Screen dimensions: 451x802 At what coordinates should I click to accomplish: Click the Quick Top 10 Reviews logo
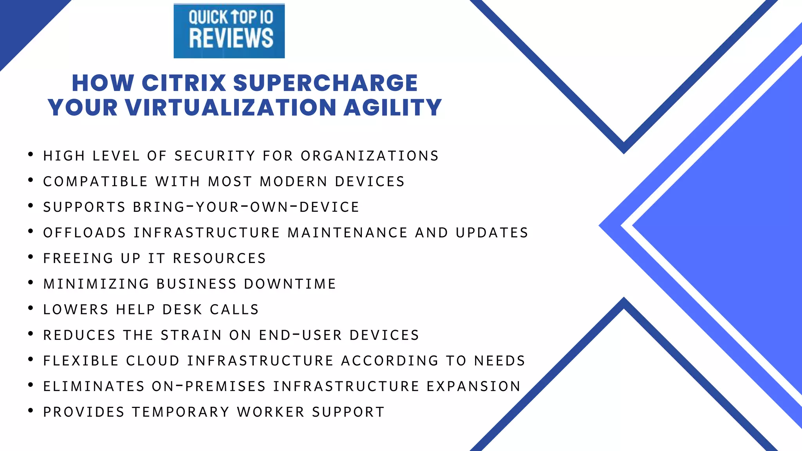[x=229, y=31]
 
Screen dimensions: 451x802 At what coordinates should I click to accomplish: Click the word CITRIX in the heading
[x=184, y=83]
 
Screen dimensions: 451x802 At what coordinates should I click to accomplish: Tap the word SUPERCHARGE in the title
[x=325, y=83]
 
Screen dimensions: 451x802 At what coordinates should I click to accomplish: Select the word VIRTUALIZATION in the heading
[x=231, y=108]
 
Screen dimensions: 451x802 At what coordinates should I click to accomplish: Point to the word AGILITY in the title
[x=393, y=108]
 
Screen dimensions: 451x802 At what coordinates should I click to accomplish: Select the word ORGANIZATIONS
[x=370, y=156]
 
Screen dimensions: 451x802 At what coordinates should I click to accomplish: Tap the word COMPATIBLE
[x=96, y=182]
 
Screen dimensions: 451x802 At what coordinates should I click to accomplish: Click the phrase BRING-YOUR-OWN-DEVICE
[x=246, y=207]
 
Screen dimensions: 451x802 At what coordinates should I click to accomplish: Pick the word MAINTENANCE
[x=348, y=233]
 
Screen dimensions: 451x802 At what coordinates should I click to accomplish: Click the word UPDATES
[x=492, y=233]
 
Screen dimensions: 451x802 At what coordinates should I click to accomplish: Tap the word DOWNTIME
[x=290, y=284]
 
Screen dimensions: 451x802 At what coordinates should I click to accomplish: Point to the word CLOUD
[x=153, y=361]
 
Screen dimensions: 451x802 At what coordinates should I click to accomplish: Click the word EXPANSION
[x=473, y=386]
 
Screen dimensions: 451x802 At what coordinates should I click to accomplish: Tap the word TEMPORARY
[x=181, y=412]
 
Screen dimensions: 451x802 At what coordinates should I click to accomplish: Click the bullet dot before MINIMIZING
[x=31, y=282]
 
